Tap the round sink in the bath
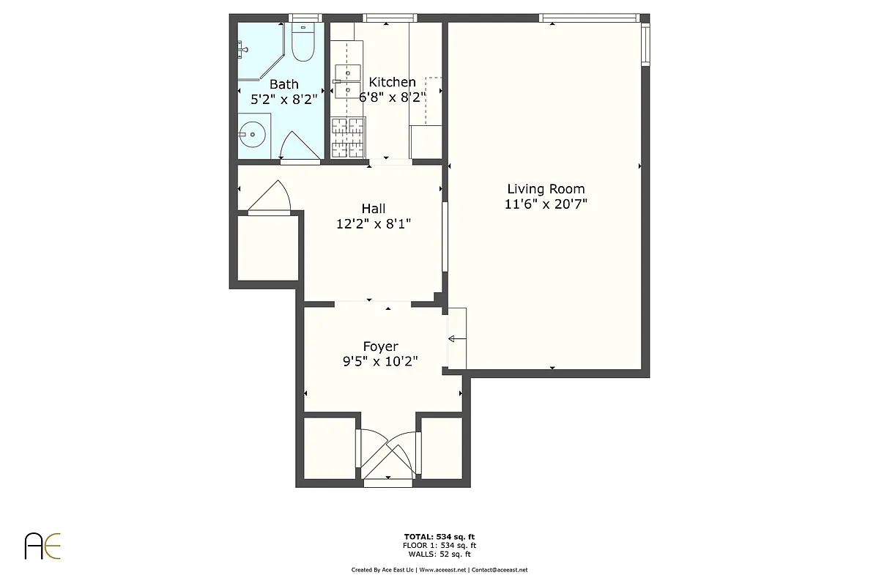pos(253,135)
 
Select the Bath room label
pos(284,84)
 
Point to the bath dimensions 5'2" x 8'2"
pos(283,100)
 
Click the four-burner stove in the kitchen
pos(348,138)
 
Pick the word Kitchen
pos(392,82)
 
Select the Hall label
pos(373,209)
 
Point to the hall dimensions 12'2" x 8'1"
pos(373,225)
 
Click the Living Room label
pos(546,189)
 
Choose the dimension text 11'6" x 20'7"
pos(546,205)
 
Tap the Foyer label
pos(380,346)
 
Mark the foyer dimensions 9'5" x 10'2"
pos(380,362)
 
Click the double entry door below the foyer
pos(387,453)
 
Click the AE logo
pos(43,546)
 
